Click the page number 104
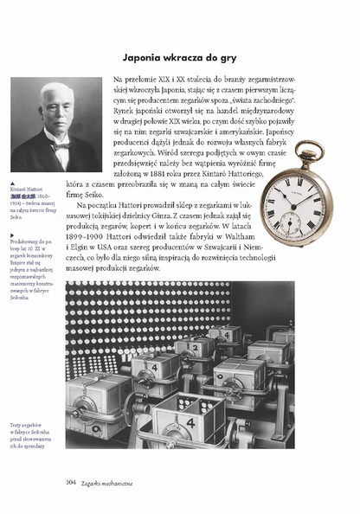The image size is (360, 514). click(73, 482)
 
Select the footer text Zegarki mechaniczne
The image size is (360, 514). click(112, 482)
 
